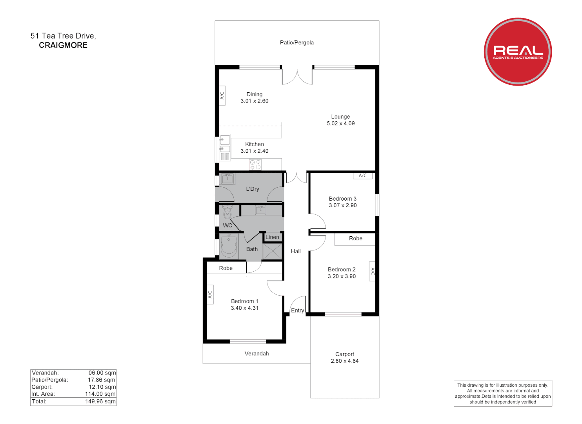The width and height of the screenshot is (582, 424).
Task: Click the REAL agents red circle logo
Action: pos(518,51)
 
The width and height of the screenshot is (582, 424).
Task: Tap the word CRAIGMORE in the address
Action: pos(63,45)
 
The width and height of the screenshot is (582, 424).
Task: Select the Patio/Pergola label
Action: pos(296,42)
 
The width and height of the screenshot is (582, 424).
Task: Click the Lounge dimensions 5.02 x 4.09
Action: pos(340,123)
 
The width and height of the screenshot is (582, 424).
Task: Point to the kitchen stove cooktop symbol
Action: pos(255,164)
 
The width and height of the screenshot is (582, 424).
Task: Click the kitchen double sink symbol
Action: pos(225,144)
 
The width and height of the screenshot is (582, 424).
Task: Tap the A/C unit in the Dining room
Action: pos(222,95)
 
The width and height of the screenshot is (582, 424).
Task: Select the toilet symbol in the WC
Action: pos(227,212)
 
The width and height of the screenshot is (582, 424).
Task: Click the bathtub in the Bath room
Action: pos(228,246)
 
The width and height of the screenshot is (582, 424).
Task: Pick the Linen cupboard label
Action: pos(272,237)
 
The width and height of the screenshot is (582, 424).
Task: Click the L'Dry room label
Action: pos(253,189)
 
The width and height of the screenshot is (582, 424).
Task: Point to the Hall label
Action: pos(296,251)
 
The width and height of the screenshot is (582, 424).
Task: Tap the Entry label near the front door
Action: pos(297,310)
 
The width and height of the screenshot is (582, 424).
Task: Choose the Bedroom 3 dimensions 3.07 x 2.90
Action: pos(343,205)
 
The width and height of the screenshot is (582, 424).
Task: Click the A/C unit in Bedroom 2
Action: pos(372,271)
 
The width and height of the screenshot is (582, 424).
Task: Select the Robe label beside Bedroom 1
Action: pos(226,268)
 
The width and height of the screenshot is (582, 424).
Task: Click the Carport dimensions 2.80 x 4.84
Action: pos(344,361)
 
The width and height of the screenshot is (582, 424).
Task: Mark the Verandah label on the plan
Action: pos(256,353)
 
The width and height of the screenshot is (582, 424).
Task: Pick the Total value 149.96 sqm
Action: pos(100,401)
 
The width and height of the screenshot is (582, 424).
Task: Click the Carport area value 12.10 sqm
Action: pos(102,387)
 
